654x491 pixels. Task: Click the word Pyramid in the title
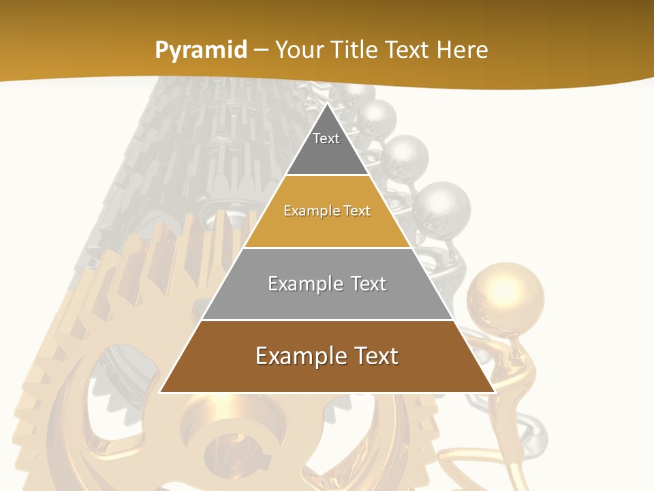coord(201,50)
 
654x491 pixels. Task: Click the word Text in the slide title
coord(407,50)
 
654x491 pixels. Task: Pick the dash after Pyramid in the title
coord(261,50)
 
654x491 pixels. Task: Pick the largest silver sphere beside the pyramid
coord(441,207)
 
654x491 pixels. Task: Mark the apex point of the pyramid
coord(327,104)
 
